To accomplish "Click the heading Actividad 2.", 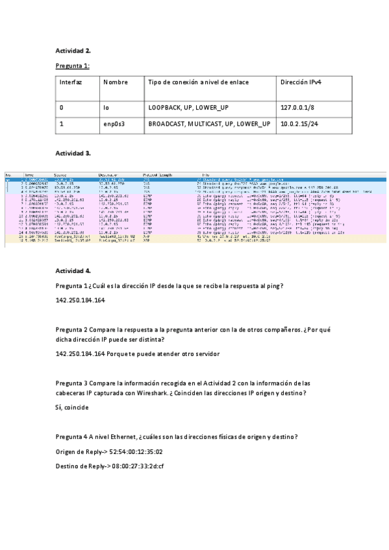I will pyautogui.click(x=73, y=50).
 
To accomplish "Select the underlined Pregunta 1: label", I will pyautogui.click(x=73, y=66).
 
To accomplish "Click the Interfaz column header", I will pyautogui.click(x=71, y=82).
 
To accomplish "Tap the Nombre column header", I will pyautogui.click(x=112, y=82).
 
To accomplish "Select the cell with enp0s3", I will pyautogui.click(x=114, y=123).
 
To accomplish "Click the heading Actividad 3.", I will pyautogui.click(x=73, y=153).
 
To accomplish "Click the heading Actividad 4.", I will pyautogui.click(x=73, y=270).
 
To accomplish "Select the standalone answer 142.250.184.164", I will pyautogui.click(x=81, y=301).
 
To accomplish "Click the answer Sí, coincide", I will pyautogui.click(x=72, y=407).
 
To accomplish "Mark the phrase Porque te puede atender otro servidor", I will pyautogui.click(x=164, y=353).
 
